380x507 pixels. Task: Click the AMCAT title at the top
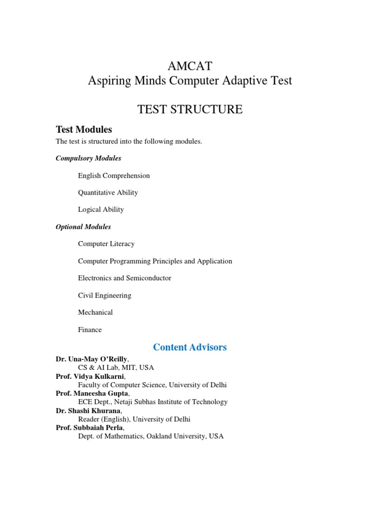(x=190, y=66)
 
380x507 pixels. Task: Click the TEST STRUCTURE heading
(x=190, y=109)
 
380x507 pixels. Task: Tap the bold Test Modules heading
(x=84, y=130)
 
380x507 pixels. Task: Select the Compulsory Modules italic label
(x=89, y=158)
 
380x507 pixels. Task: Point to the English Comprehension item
(x=114, y=176)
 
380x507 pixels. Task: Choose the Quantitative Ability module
(x=108, y=193)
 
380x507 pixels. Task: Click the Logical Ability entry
(x=101, y=209)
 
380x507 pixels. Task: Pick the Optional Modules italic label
(x=84, y=227)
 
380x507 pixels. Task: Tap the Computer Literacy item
(x=106, y=244)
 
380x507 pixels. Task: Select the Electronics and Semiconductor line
(x=125, y=278)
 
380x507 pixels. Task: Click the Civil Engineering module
(x=105, y=296)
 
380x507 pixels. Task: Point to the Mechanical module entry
(x=95, y=312)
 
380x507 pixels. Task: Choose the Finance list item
(x=90, y=330)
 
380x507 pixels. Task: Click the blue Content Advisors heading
(x=190, y=347)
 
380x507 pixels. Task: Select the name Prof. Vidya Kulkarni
(x=90, y=376)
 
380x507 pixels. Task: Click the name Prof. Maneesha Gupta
(x=93, y=393)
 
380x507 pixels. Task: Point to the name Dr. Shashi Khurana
(x=88, y=410)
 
